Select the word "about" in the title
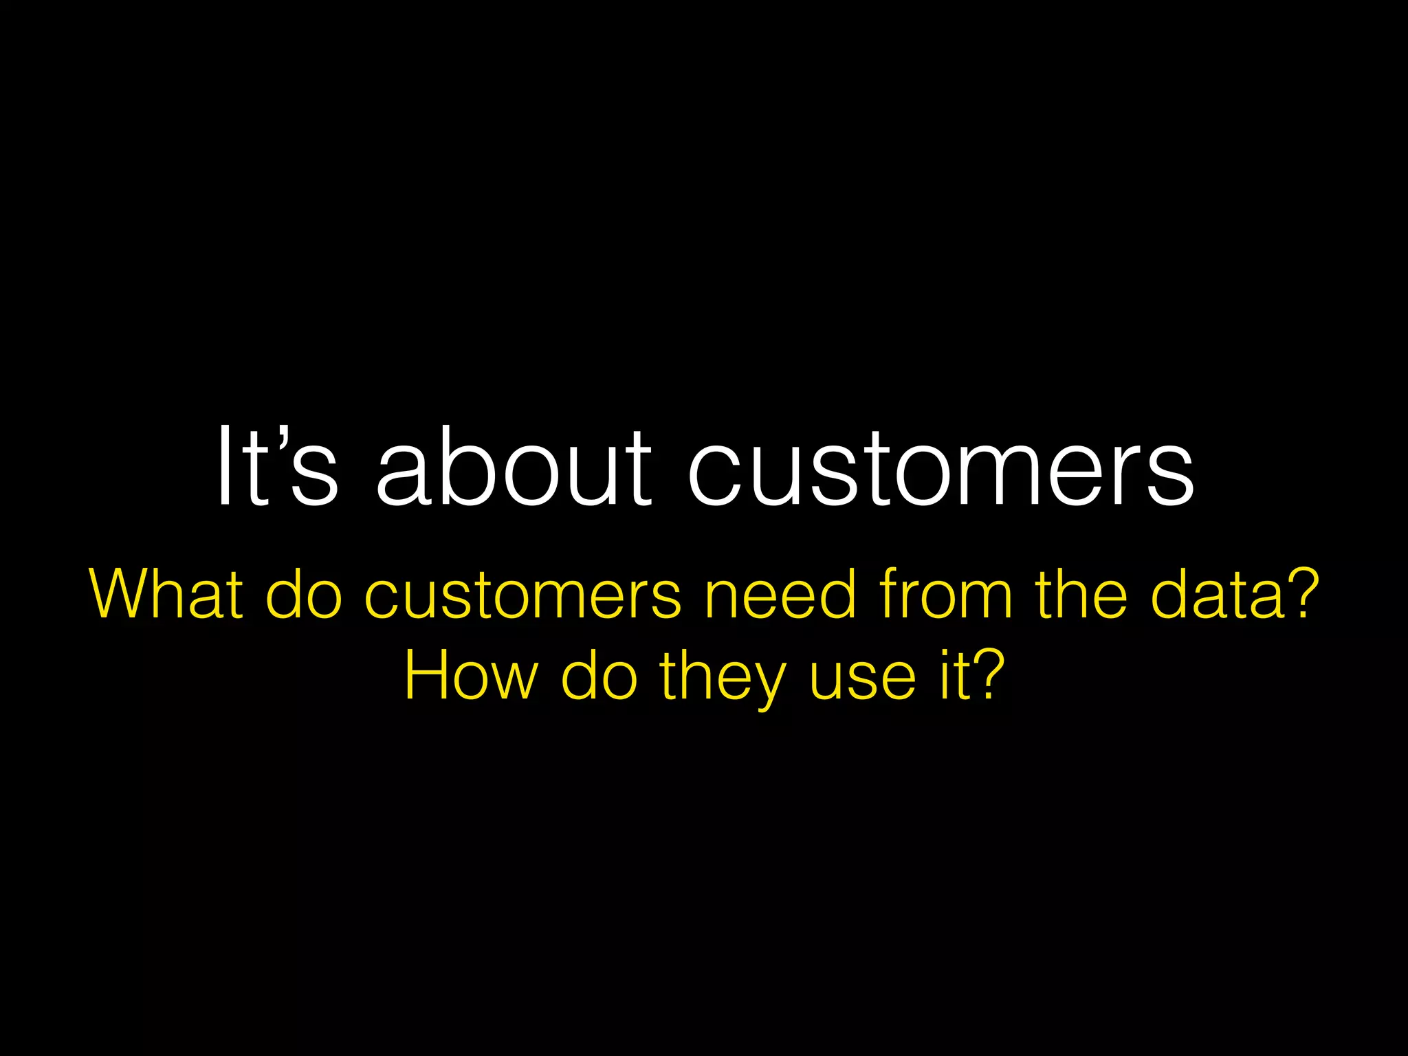(x=513, y=467)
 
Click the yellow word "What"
(x=166, y=594)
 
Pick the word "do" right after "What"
(x=303, y=594)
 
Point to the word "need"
(x=780, y=594)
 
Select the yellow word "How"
(x=470, y=676)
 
